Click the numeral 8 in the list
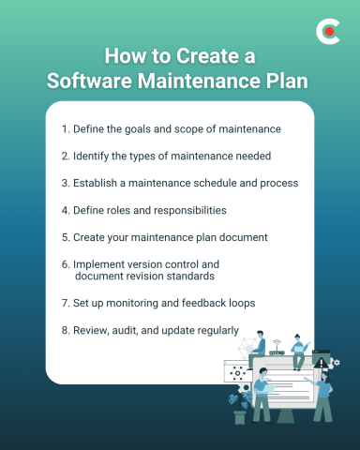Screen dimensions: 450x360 tap(63, 330)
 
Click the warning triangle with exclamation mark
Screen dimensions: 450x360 tap(322, 360)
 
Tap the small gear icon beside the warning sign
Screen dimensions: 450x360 tap(336, 363)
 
